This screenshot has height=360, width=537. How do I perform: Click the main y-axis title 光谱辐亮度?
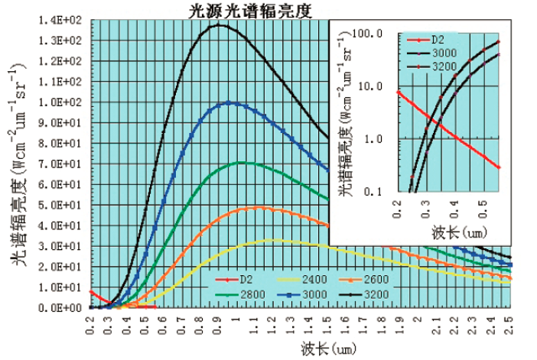pyautogui.click(x=18, y=164)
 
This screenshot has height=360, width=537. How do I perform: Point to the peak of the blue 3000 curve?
pyautogui.click(x=229, y=102)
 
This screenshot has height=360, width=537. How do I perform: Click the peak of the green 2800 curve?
pyautogui.click(x=243, y=162)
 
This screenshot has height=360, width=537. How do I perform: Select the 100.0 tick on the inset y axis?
pyautogui.click(x=375, y=33)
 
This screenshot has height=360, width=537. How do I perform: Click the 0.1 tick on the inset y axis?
pyautogui.click(x=380, y=192)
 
